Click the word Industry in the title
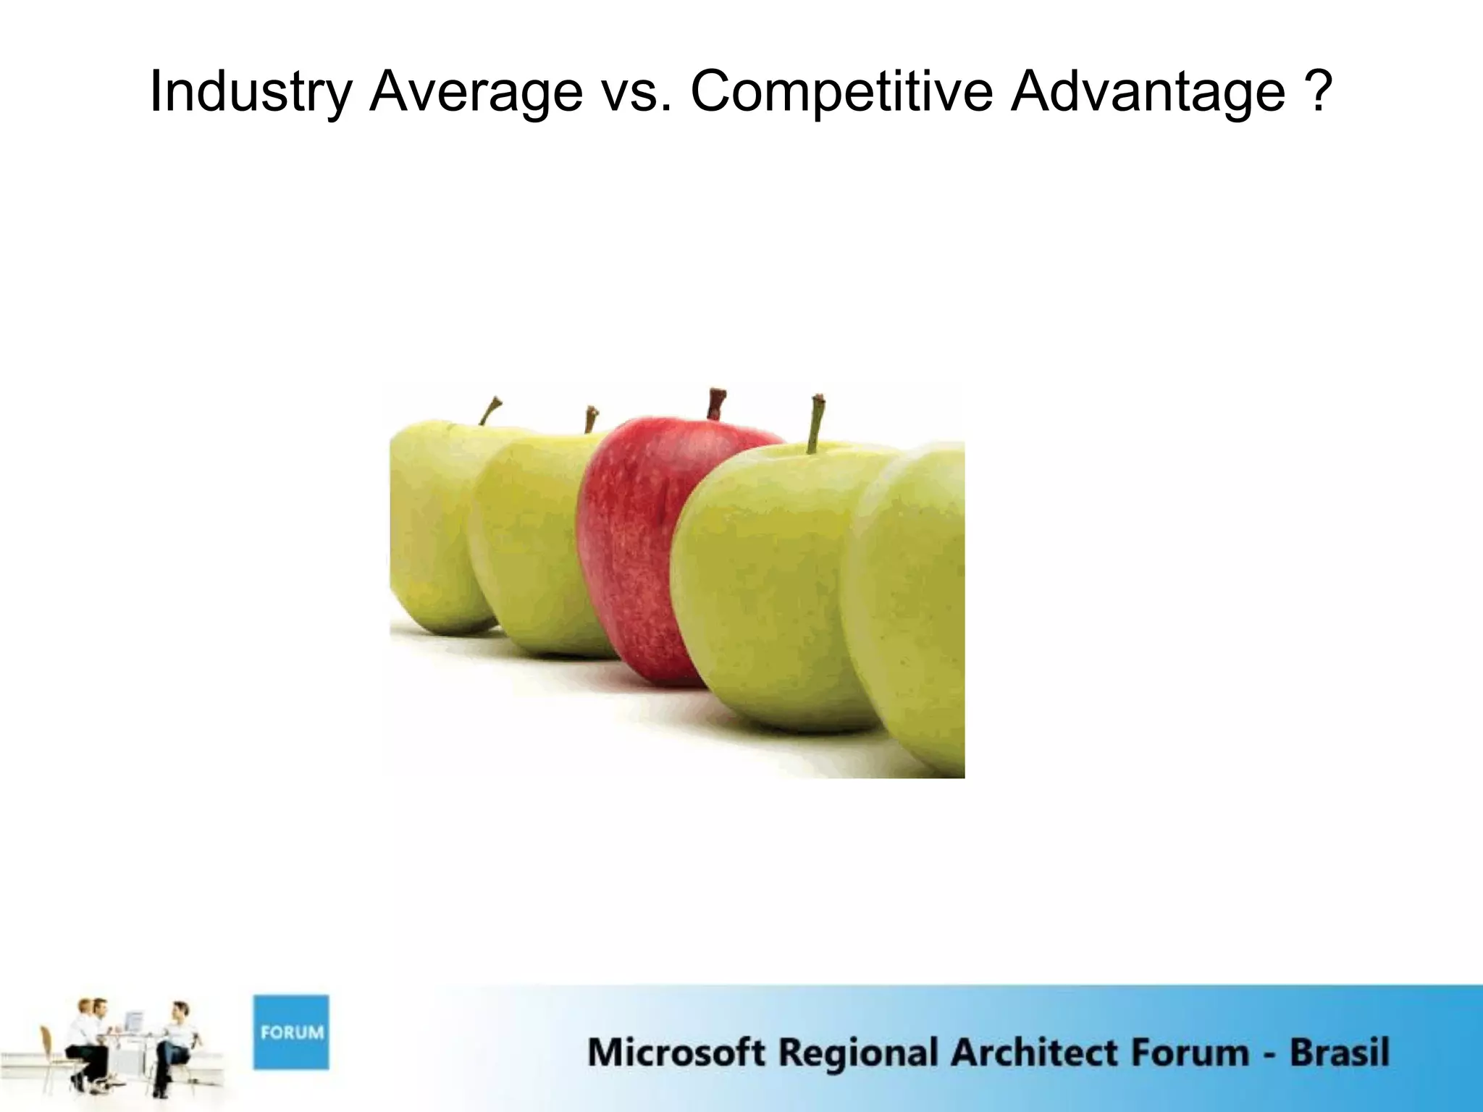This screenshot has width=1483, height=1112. [x=251, y=92]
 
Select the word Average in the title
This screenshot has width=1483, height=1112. [x=476, y=92]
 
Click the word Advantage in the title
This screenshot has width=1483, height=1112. [x=1148, y=92]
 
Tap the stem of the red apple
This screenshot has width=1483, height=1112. [x=716, y=404]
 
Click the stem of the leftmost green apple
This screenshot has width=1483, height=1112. [x=490, y=410]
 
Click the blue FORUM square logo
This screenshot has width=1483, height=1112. [x=290, y=1032]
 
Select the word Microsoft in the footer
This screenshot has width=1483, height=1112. [x=676, y=1053]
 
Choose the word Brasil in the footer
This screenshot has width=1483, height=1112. [x=1339, y=1053]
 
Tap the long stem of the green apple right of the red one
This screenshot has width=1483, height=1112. [x=817, y=424]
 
